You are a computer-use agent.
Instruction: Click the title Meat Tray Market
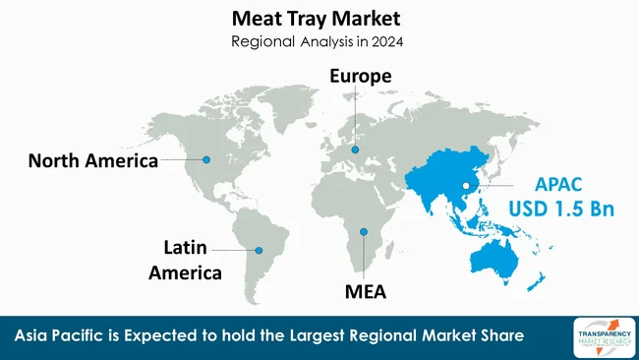point(319,19)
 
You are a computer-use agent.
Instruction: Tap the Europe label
point(361,76)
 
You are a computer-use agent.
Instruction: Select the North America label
point(92,161)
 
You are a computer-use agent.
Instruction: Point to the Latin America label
point(185,259)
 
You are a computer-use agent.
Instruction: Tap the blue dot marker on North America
point(206,159)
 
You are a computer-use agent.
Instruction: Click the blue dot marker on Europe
point(356,150)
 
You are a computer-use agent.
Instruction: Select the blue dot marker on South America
point(260,250)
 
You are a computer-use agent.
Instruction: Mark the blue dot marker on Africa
point(363,233)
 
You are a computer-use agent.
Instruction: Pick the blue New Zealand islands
point(536,283)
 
